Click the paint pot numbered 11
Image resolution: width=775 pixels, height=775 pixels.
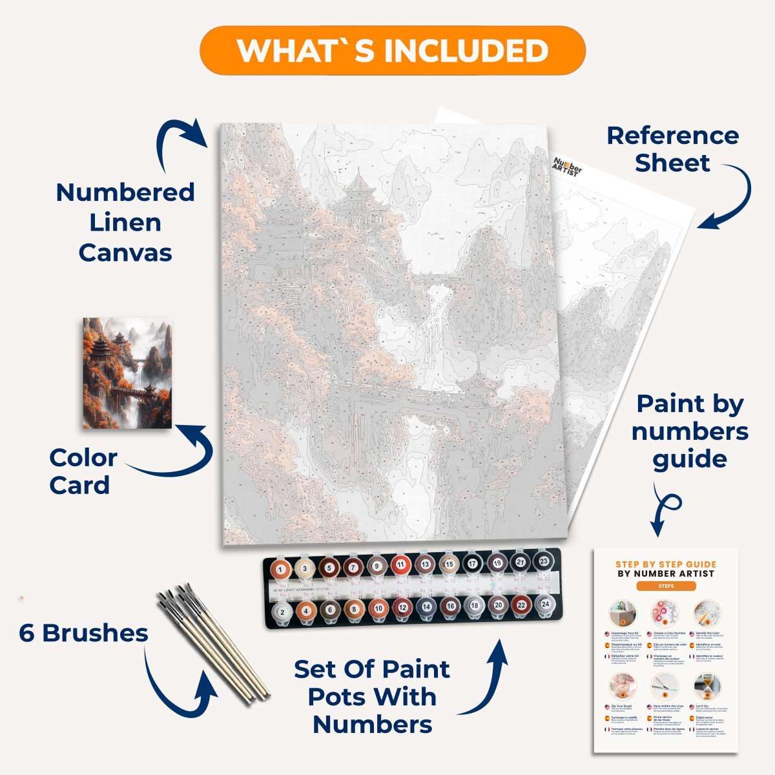[x=400, y=566]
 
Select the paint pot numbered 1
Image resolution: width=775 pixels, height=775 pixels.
[x=280, y=569]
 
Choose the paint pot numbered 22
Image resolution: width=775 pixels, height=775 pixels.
[x=521, y=606]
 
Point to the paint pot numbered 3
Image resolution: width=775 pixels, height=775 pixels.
[x=304, y=569]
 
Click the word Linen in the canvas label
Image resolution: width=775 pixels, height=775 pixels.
[x=125, y=222]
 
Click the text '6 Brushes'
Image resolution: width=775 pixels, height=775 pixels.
[x=83, y=633]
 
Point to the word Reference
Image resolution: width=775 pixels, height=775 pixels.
[x=672, y=136]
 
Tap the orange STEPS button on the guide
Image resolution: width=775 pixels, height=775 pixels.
[x=666, y=586]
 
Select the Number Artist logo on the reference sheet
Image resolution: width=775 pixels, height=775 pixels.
[x=568, y=165]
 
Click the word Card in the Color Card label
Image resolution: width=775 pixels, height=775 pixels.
[x=79, y=486]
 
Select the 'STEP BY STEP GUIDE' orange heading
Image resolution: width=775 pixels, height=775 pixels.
[x=666, y=564]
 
